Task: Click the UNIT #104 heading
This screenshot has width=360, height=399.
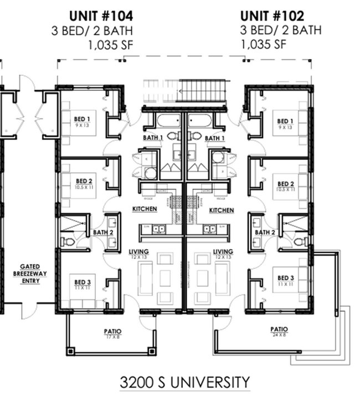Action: click(101, 15)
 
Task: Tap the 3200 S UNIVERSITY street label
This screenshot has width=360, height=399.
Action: click(184, 382)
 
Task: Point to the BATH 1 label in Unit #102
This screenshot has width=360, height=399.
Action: click(214, 138)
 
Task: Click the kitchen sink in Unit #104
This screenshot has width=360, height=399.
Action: click(158, 227)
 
